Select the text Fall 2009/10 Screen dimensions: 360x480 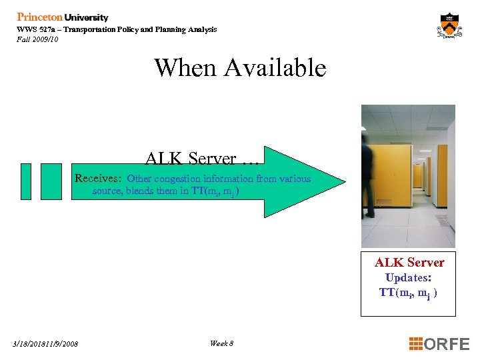tap(37, 39)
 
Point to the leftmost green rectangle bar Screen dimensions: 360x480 tap(25, 181)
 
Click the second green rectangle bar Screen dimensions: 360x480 tap(51, 181)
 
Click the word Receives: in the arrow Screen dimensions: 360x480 tap(98, 179)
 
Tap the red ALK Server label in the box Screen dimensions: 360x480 tap(409, 263)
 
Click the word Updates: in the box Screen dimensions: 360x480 tap(408, 277)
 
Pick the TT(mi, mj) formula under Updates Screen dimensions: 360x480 tap(408, 293)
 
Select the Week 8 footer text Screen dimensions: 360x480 tap(221, 343)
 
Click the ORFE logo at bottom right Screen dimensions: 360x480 tap(447, 344)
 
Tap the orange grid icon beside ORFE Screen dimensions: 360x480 tap(416, 344)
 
